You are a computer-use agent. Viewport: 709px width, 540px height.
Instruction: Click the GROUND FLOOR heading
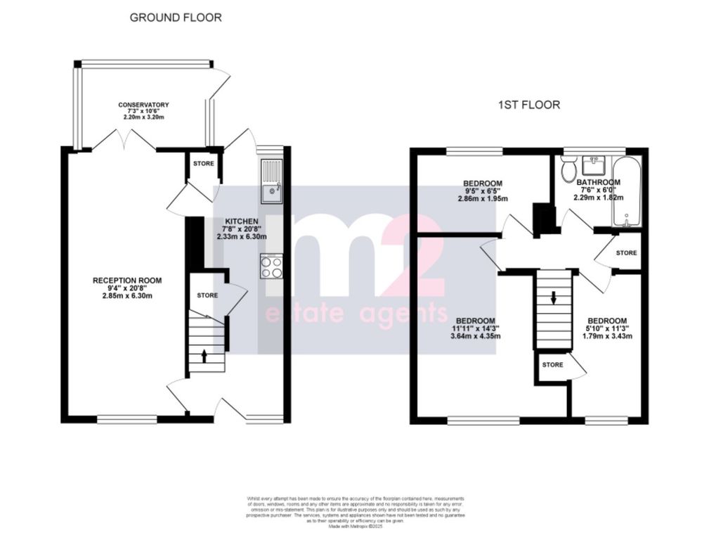176,18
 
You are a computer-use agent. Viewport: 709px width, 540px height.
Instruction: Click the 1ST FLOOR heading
529,105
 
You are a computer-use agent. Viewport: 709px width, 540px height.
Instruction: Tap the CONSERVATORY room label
143,105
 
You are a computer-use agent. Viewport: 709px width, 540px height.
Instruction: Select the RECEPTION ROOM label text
127,281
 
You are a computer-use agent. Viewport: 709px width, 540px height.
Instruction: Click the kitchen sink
271,182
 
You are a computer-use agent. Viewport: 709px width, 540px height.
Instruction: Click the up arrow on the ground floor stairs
204,355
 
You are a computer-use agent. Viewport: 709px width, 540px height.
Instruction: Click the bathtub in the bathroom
624,191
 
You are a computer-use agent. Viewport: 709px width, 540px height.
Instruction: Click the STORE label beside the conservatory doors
204,164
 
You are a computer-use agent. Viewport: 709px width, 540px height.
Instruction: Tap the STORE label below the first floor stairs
552,365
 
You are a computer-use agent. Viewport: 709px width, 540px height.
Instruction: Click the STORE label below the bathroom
626,252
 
